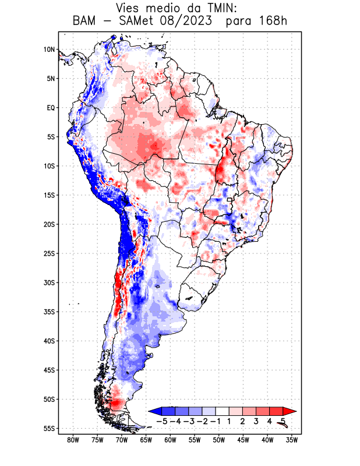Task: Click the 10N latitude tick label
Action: pyautogui.click(x=49, y=50)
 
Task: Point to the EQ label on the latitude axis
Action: pyautogui.click(x=50, y=108)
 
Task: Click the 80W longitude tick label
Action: pyautogui.click(x=73, y=440)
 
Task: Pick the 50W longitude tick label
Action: pyautogui.click(x=219, y=440)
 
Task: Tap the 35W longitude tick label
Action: pyautogui.click(x=292, y=440)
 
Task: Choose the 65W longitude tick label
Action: pyautogui.click(x=146, y=440)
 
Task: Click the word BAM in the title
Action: pyautogui.click(x=86, y=22)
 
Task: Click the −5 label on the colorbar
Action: pyautogui.click(x=163, y=421)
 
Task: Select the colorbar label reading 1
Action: pyautogui.click(x=230, y=421)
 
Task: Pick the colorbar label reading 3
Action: pyautogui.click(x=256, y=421)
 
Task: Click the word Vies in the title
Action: pyautogui.click(x=129, y=8)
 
